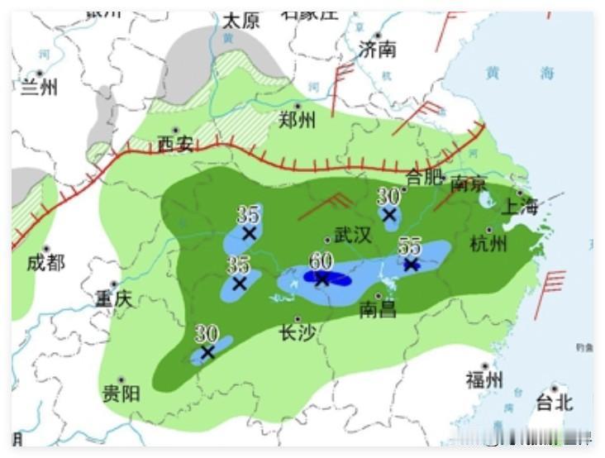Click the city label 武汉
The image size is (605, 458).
click(352, 236)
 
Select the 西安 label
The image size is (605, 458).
click(175, 145)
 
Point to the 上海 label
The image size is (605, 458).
click(520, 207)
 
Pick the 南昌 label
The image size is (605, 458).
click(378, 310)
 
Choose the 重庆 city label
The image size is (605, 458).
click(113, 298)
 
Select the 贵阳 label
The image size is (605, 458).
click(121, 394)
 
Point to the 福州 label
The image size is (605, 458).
click(484, 380)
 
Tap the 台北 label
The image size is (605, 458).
click(554, 403)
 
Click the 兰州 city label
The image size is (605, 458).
click(39, 85)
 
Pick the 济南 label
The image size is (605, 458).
click(378, 50)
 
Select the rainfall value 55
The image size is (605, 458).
click(410, 246)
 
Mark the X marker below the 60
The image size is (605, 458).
click(322, 279)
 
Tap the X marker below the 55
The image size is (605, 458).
click(411, 265)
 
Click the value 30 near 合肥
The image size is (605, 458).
click(388, 196)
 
